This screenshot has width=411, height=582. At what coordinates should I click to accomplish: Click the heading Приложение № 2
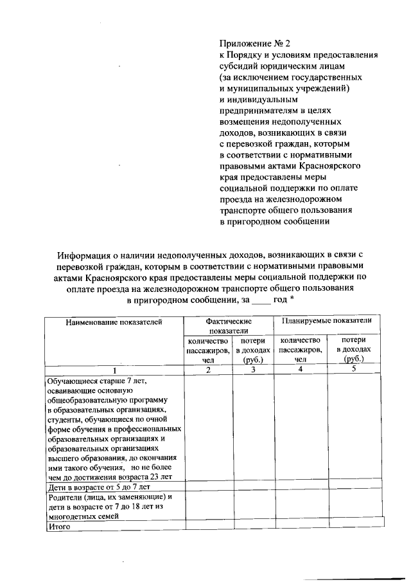tap(255, 44)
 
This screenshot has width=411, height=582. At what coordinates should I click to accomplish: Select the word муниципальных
tap(257, 88)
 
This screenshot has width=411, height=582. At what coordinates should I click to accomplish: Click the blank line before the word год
tap(261, 300)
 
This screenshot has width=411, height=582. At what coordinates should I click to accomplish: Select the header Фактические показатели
tap(228, 325)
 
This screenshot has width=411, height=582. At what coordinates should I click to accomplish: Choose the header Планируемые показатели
tap(327, 320)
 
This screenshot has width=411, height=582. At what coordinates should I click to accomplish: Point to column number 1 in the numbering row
tap(113, 370)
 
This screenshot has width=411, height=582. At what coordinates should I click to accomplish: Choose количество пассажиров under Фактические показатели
tap(207, 350)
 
